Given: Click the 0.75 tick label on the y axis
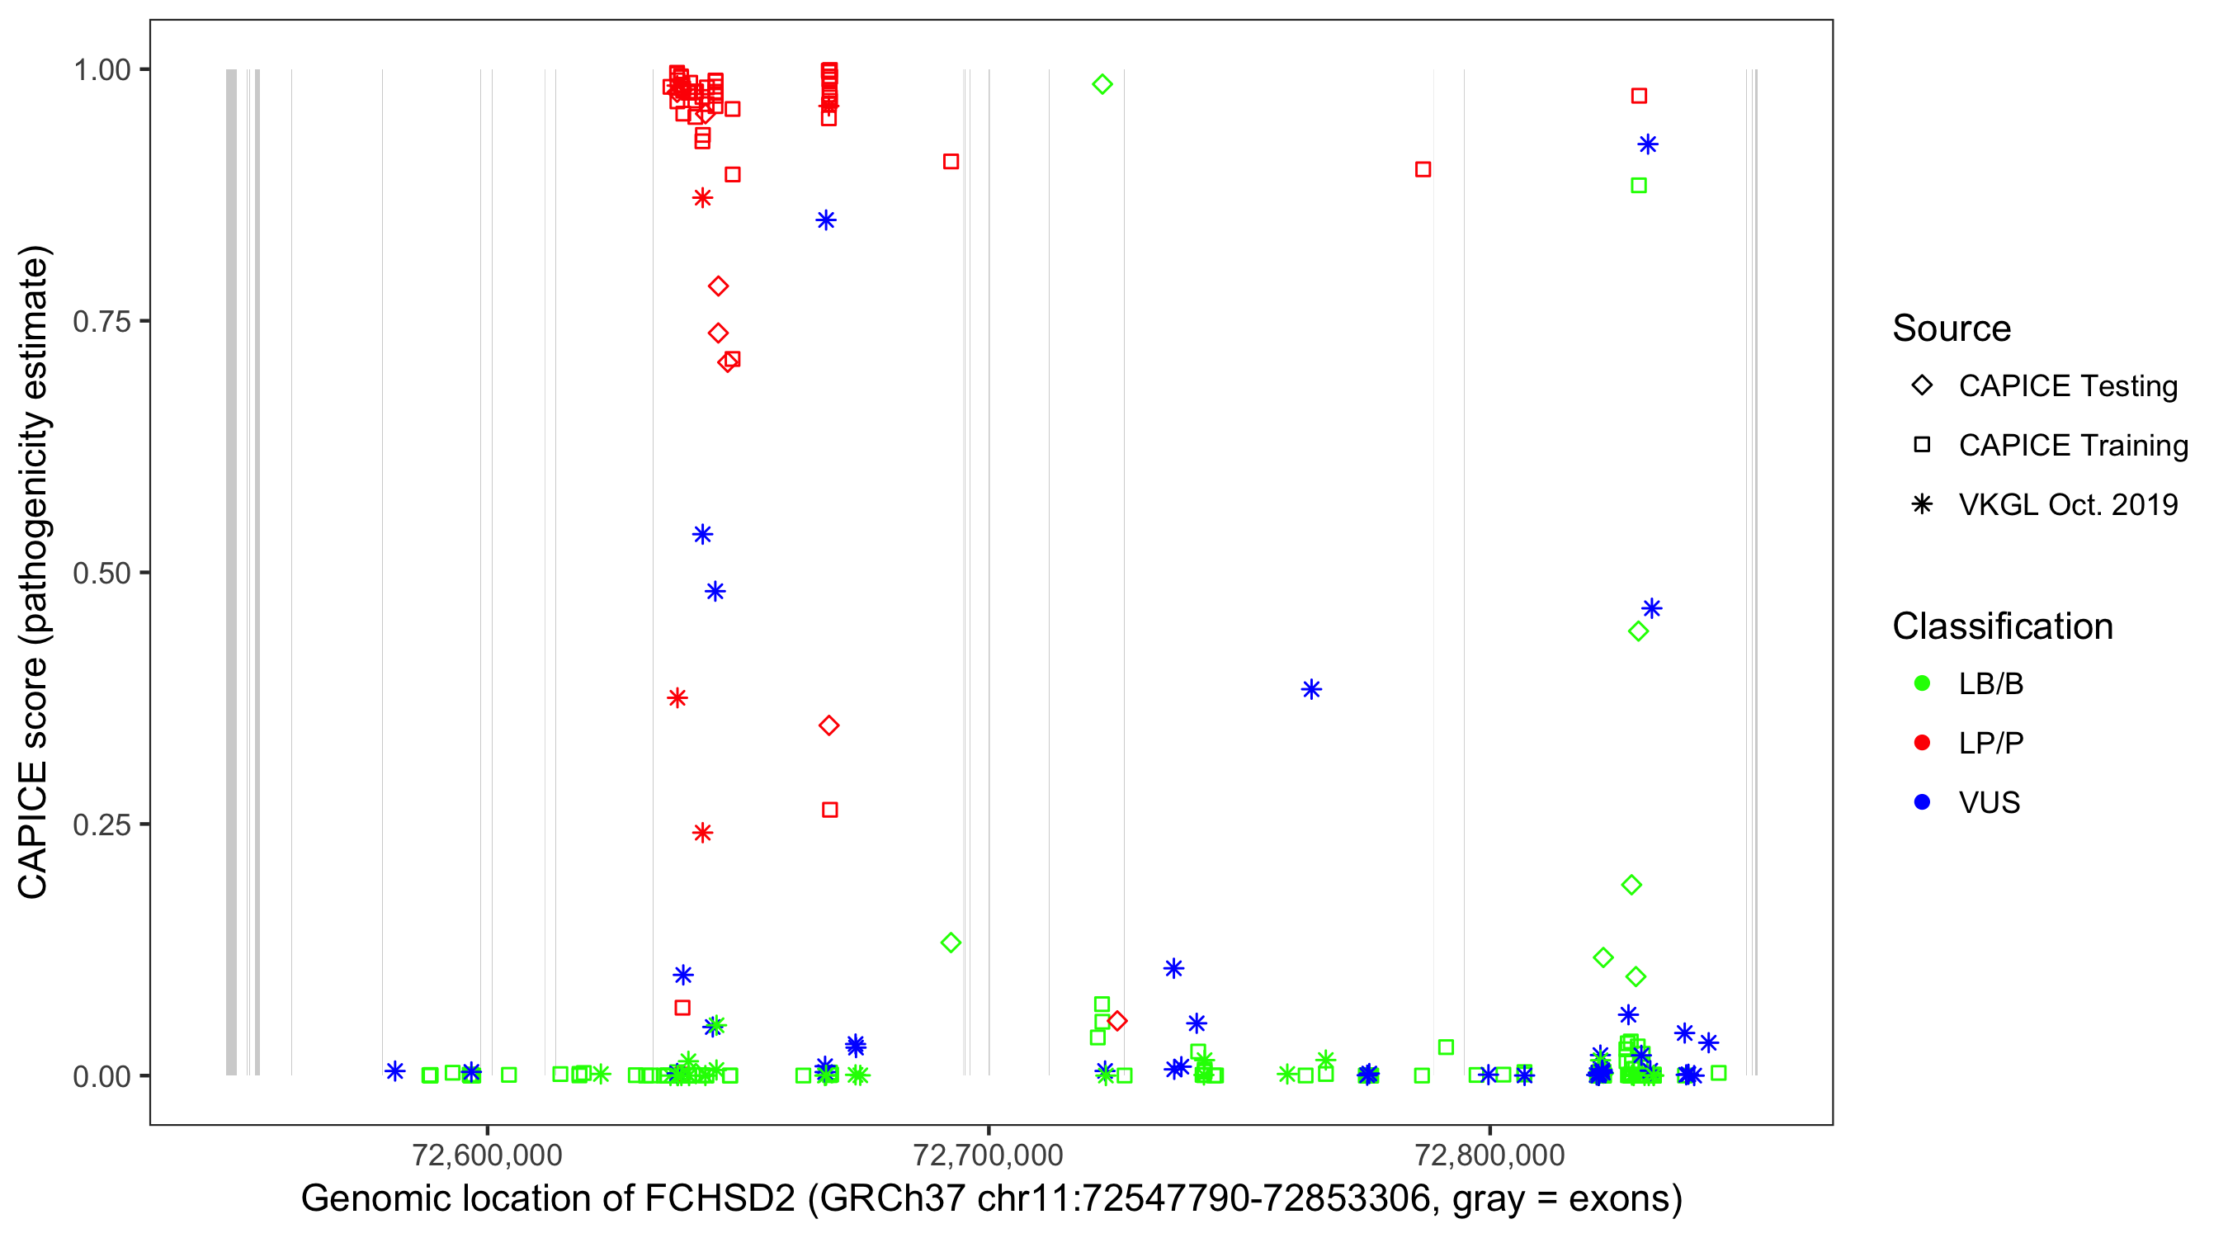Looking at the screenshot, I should [101, 322].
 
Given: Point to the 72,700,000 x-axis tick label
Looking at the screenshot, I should [988, 1155].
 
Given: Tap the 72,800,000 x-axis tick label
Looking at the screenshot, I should [1489, 1155].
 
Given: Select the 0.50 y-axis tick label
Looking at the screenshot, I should [101, 573].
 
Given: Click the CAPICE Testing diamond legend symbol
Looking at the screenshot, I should [1922, 386].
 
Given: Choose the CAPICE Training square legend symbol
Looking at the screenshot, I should [1922, 445].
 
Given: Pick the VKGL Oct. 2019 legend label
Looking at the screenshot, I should [2067, 504].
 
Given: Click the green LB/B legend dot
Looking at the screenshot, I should [1922, 683].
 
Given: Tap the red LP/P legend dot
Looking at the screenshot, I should [1922, 743].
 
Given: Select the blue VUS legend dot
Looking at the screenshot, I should [1922, 802].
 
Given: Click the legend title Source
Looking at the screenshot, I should [1951, 328].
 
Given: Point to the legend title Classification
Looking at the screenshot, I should [2001, 626].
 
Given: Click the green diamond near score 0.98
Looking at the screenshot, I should [1102, 84].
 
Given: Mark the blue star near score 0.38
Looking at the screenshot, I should [1311, 689].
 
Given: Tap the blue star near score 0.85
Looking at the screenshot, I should [826, 220].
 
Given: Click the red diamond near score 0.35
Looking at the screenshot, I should [828, 725].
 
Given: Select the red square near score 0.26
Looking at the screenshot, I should [829, 810].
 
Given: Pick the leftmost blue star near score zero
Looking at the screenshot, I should [394, 1071].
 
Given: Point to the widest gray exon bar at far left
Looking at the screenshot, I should [231, 571].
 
